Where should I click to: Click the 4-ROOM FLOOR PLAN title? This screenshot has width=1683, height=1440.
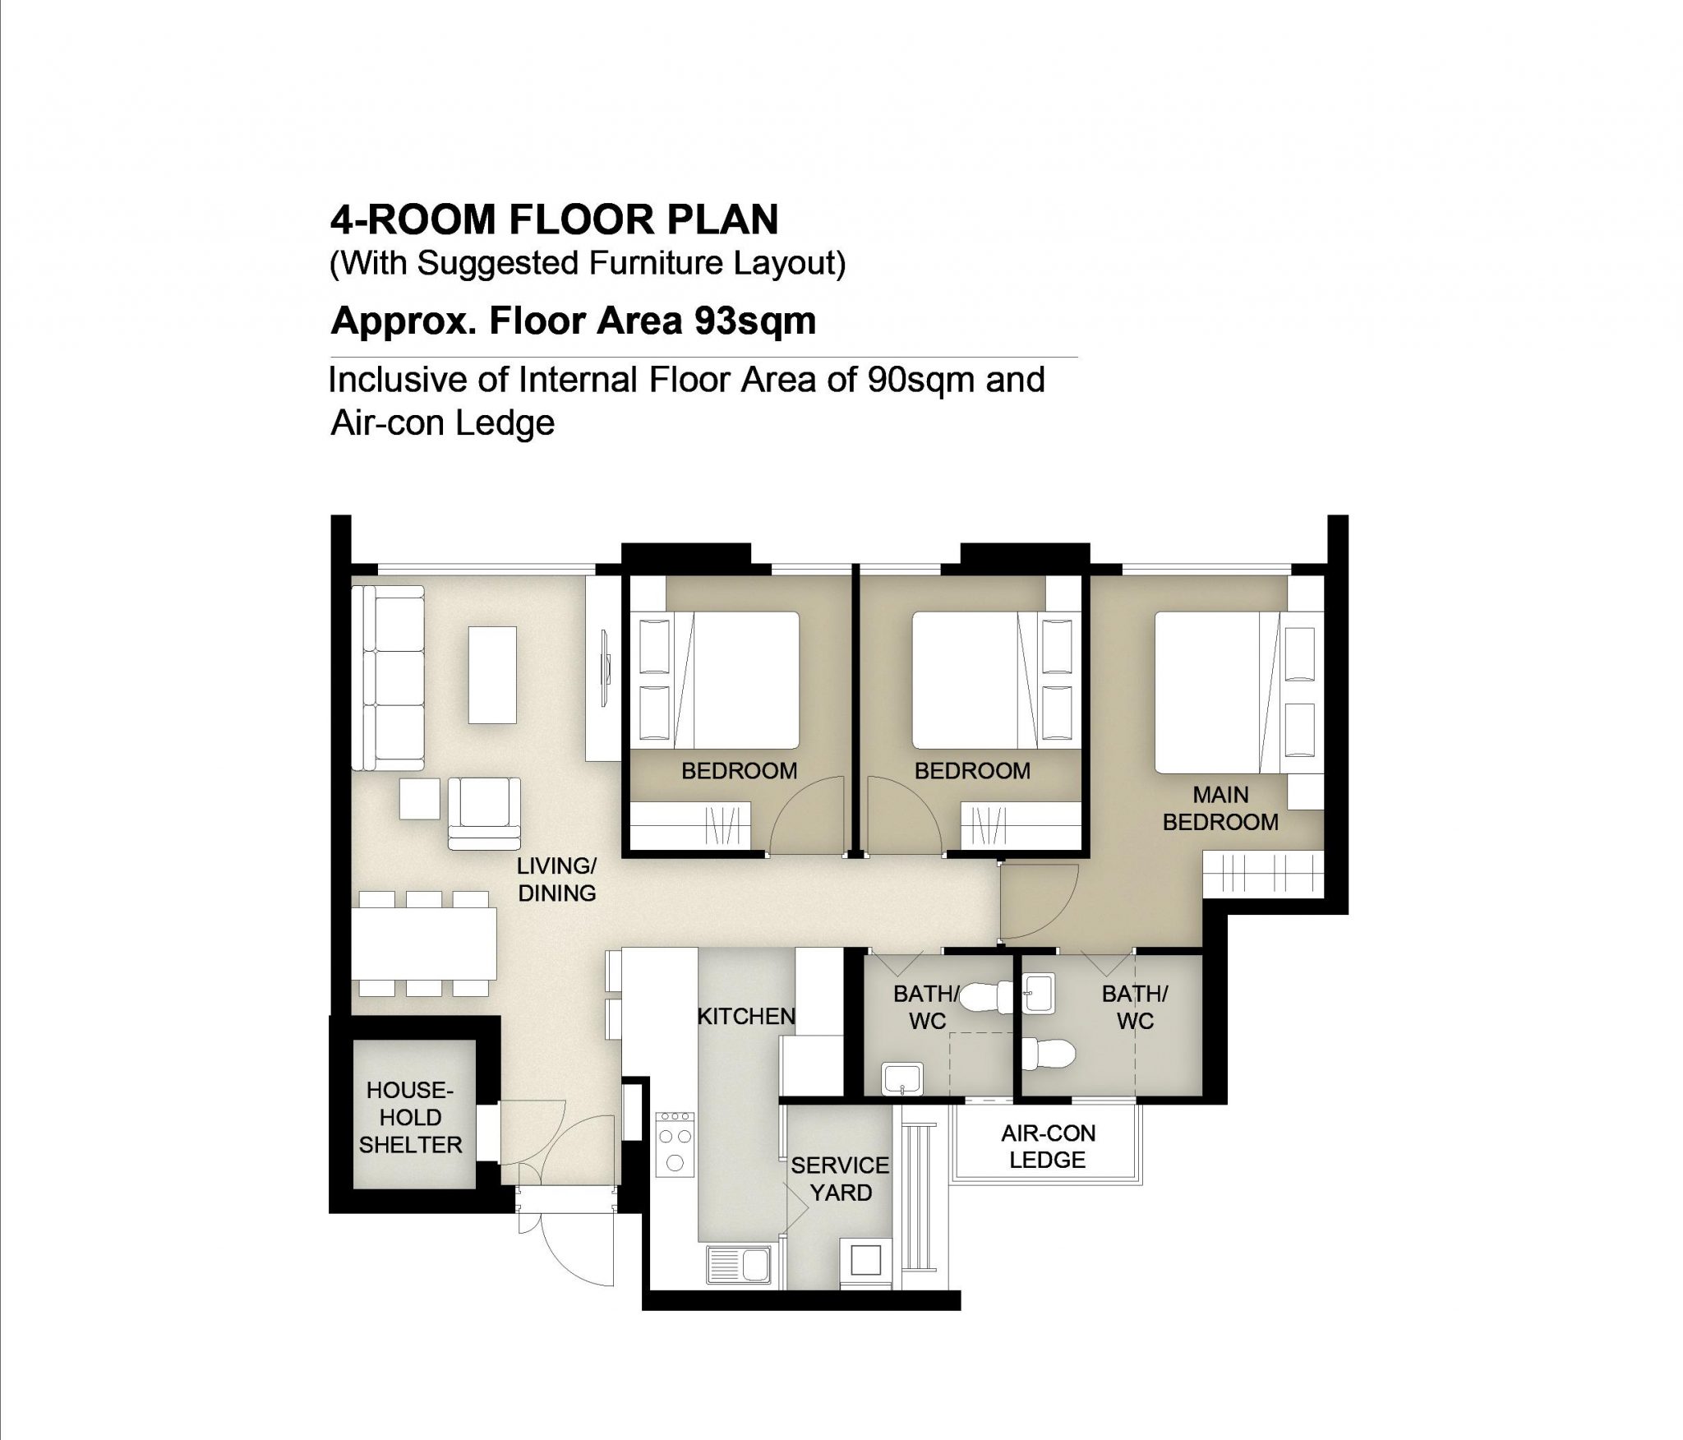click(x=554, y=219)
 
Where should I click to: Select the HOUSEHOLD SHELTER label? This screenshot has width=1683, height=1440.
click(x=410, y=1117)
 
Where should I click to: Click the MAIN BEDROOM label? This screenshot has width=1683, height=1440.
click(x=1220, y=809)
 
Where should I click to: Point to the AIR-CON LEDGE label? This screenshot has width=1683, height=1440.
click(x=1048, y=1147)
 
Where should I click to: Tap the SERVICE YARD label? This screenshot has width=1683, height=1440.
click(x=840, y=1179)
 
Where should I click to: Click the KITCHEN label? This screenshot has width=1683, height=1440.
click(x=745, y=1017)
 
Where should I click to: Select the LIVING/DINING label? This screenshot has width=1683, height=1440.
click(x=556, y=879)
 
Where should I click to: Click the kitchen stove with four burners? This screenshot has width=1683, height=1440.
click(x=676, y=1143)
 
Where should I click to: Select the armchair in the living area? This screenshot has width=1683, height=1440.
click(x=484, y=814)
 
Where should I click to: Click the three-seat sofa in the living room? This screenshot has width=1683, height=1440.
click(x=388, y=677)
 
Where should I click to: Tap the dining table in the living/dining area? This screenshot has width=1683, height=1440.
click(x=424, y=952)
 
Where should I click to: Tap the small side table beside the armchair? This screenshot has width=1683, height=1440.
click(x=421, y=799)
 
